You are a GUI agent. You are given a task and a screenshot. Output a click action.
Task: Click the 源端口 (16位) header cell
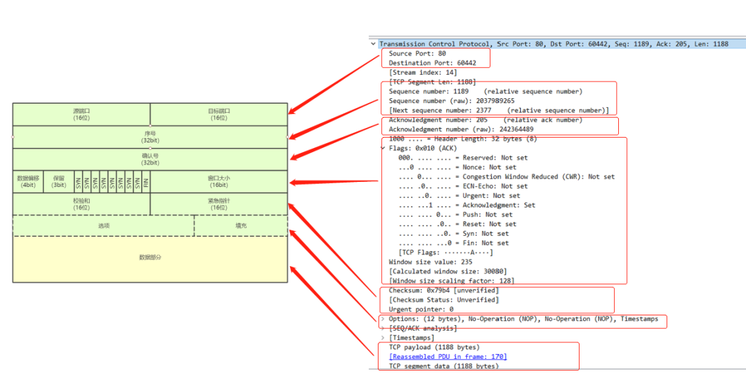(x=82, y=114)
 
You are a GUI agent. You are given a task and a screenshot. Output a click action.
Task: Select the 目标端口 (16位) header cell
(x=219, y=114)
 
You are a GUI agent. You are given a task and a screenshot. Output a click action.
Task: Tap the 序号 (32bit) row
(x=150, y=137)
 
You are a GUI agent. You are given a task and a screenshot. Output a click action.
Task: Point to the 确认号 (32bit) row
(x=150, y=159)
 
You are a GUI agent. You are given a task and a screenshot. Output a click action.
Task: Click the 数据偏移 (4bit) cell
(x=28, y=181)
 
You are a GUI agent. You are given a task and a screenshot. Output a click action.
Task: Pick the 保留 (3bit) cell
(x=59, y=181)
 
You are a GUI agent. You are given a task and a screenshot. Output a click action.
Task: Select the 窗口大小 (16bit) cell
(x=219, y=181)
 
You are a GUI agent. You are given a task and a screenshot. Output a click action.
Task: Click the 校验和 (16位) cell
(x=82, y=204)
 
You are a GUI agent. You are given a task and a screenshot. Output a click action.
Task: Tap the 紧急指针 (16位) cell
(x=219, y=204)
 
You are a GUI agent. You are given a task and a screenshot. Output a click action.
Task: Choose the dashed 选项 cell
(x=104, y=225)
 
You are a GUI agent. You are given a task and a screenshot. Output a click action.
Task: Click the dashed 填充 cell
(x=241, y=225)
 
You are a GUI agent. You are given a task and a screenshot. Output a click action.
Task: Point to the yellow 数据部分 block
(x=150, y=258)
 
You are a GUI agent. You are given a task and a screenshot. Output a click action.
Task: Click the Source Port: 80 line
(x=417, y=53)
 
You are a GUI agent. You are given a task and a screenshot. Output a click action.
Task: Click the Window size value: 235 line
(x=430, y=262)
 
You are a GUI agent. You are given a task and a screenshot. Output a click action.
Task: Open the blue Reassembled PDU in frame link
(x=448, y=357)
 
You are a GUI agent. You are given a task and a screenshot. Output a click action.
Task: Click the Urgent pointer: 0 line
(x=421, y=309)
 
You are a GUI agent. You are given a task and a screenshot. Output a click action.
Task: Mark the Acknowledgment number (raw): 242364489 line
(x=461, y=129)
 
